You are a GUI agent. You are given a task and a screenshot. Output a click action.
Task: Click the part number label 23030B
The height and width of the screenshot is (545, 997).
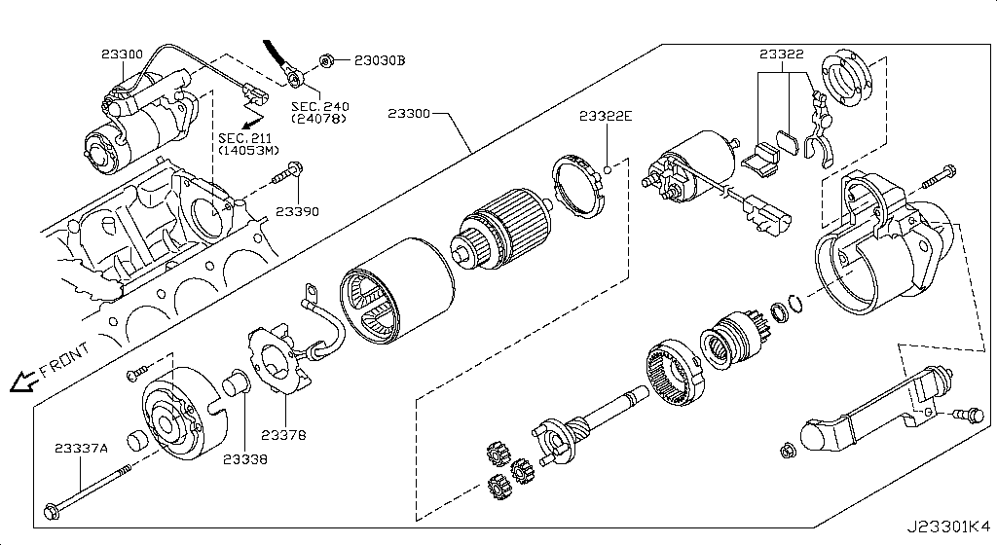[x=379, y=60]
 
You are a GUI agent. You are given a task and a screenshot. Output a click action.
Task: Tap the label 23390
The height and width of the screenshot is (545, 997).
[x=296, y=210]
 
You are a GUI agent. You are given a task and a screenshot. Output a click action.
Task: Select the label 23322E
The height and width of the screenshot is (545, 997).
[x=606, y=117]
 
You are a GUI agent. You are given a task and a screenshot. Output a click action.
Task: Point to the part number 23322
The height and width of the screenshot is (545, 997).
[x=782, y=54]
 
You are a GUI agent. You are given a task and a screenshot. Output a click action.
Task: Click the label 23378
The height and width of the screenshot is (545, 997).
[x=282, y=435]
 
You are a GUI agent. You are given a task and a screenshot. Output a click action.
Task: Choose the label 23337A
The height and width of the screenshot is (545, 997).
[x=81, y=448]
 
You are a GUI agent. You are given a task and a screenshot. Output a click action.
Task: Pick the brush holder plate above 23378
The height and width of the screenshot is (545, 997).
[x=277, y=361]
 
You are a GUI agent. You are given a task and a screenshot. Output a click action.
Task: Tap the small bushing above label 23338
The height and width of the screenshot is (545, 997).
[x=235, y=384]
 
